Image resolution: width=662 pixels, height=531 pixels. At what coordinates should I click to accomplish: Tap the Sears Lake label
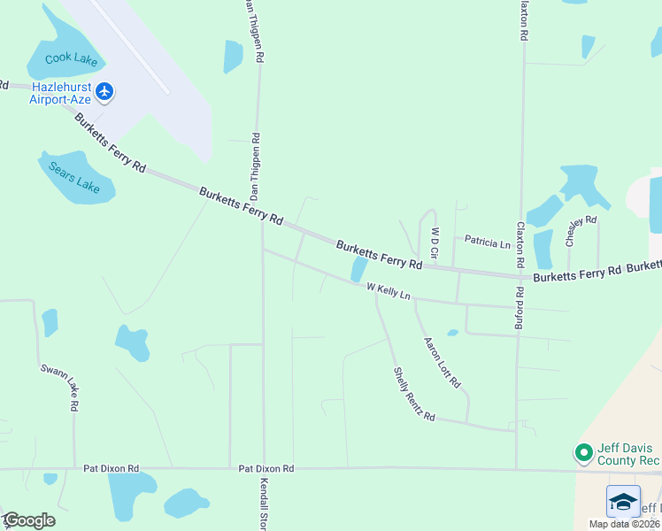(x=75, y=175)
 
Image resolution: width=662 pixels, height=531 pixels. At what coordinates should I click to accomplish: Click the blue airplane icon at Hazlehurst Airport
(x=105, y=90)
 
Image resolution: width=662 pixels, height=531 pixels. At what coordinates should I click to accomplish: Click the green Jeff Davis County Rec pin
(x=583, y=453)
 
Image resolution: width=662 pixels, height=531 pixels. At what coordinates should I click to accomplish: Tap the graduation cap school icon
(x=623, y=501)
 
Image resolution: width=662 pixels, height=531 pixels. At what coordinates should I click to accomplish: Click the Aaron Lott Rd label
(x=442, y=363)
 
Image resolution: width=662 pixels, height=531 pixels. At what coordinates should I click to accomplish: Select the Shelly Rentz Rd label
(x=414, y=394)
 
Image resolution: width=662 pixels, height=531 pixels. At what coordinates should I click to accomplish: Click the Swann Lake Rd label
(x=60, y=387)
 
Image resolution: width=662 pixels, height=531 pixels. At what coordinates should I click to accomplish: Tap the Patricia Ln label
(x=488, y=242)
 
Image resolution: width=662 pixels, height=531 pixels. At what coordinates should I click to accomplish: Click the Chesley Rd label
(x=581, y=230)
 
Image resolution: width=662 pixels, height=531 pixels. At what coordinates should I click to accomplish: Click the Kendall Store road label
(x=264, y=504)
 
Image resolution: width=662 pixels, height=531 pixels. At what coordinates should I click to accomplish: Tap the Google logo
(x=28, y=519)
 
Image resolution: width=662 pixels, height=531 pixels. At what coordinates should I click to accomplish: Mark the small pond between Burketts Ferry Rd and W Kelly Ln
(x=359, y=267)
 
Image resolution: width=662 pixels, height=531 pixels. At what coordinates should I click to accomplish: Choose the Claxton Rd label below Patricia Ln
(x=521, y=244)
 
